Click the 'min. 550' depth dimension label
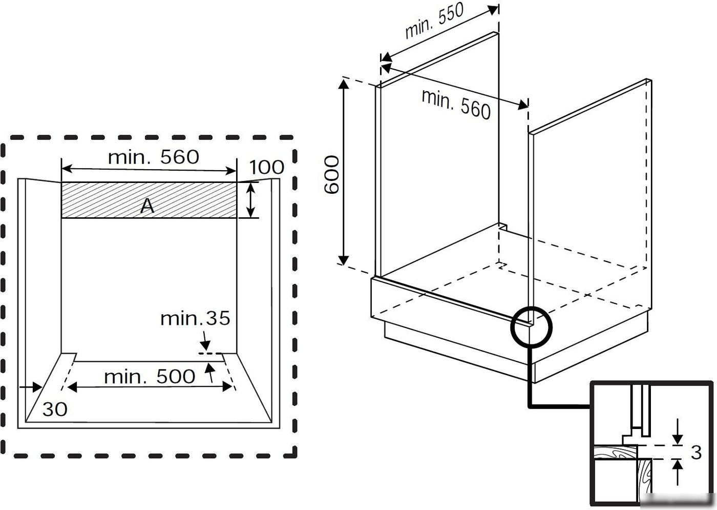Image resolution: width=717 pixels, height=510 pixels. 434,22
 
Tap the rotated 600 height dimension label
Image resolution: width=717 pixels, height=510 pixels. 331,175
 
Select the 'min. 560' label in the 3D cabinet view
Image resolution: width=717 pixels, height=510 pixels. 456,104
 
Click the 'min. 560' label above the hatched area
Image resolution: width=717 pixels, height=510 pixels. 154,157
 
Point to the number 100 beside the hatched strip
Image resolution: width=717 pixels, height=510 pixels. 267,167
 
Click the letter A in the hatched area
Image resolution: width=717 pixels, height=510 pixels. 147,206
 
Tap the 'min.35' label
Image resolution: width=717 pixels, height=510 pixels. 195,318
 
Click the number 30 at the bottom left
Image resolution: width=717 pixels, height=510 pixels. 55,409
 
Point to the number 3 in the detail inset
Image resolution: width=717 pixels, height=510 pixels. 696,453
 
